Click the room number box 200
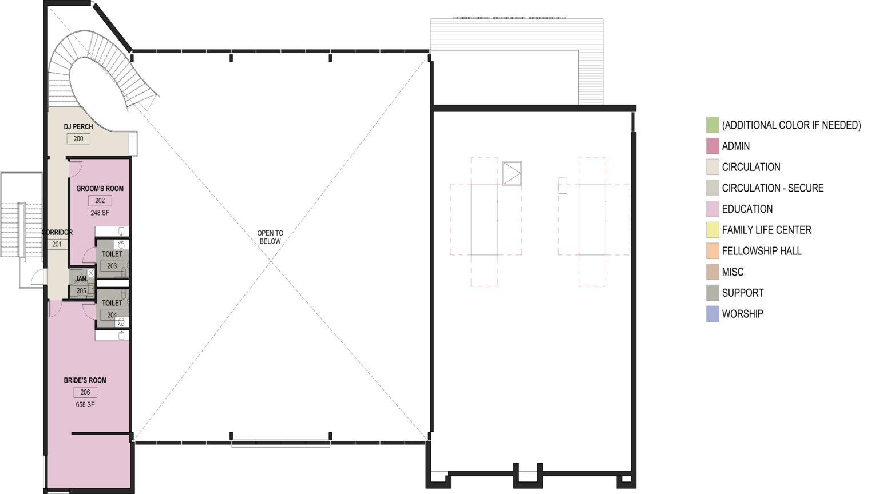pyautogui.click(x=78, y=139)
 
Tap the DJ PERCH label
pyautogui.click(x=78, y=126)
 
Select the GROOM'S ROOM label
pyautogui.click(x=100, y=189)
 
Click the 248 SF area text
pyautogui.click(x=100, y=213)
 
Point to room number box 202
pyautogui.click(x=100, y=201)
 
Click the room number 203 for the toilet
pyautogui.click(x=112, y=266)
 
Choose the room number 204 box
pyautogui.click(x=112, y=315)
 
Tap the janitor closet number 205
pyautogui.click(x=81, y=291)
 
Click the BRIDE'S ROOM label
pyautogui.click(x=85, y=380)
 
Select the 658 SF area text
pyautogui.click(x=85, y=405)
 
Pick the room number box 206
pyautogui.click(x=85, y=392)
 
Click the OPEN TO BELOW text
pyautogui.click(x=270, y=237)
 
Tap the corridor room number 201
pyautogui.click(x=57, y=244)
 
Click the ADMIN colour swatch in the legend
pyautogui.click(x=712, y=146)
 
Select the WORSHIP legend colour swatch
pyautogui.click(x=712, y=314)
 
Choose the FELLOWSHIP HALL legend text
pyautogui.click(x=762, y=251)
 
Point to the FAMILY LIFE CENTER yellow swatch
pyautogui.click(x=712, y=230)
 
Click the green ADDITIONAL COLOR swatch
pyautogui.click(x=712, y=125)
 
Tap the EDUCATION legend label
pyautogui.click(x=747, y=209)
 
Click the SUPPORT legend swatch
pyautogui.click(x=712, y=293)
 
